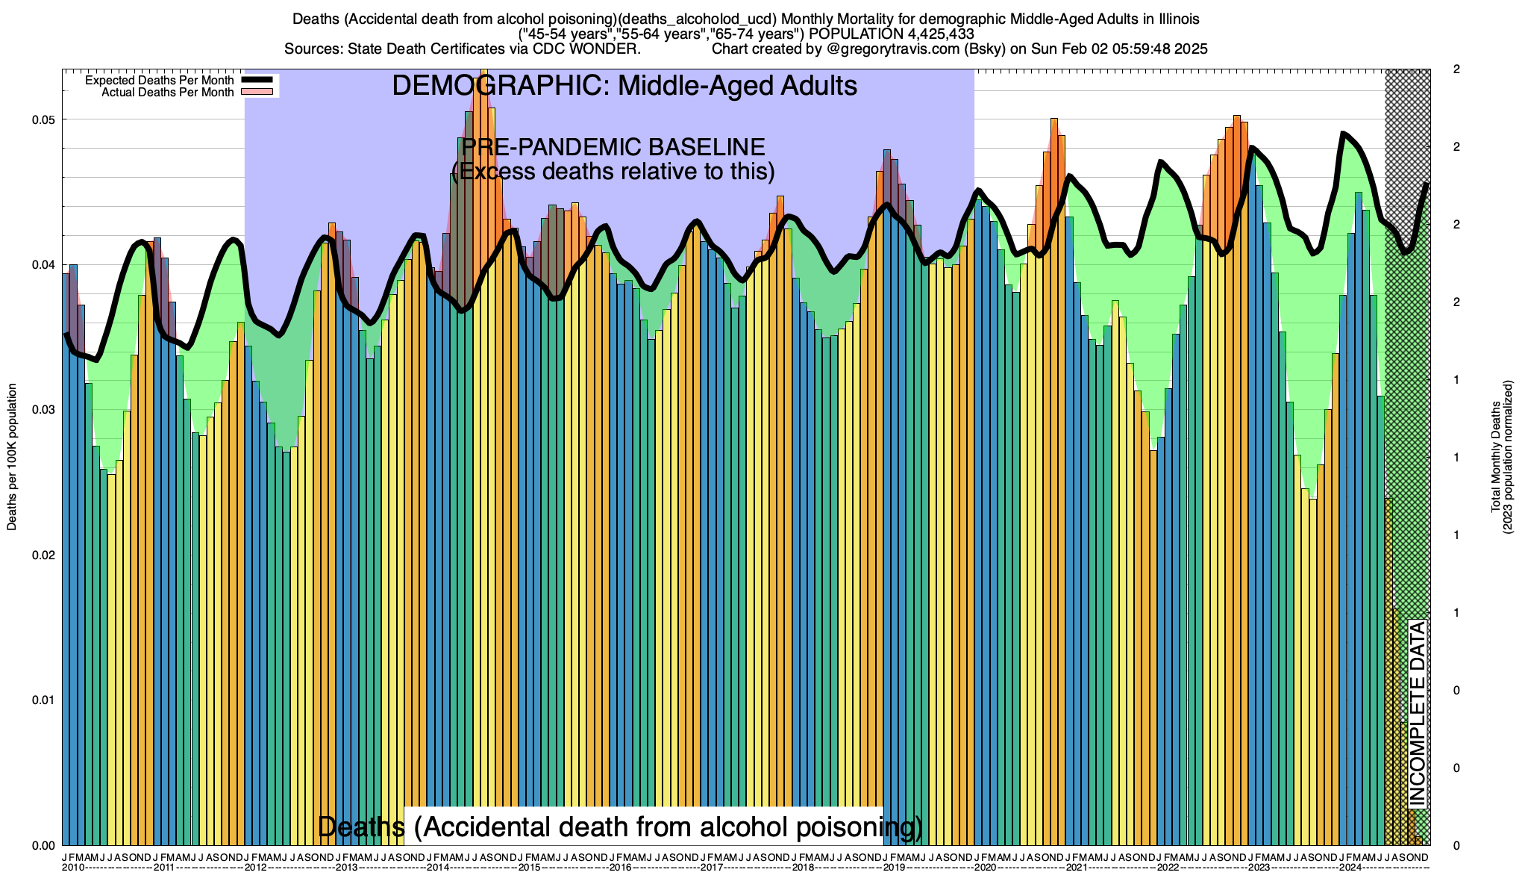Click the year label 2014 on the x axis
pos(438,868)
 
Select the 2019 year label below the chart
pos(894,868)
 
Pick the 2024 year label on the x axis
pos(1350,868)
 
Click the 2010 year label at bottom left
pos(73,868)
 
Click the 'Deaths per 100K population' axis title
pos(12,457)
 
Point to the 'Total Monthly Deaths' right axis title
pos(1496,457)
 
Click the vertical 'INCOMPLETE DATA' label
pos(1417,713)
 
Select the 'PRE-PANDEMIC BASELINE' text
pos(613,147)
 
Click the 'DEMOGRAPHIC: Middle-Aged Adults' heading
pos(624,86)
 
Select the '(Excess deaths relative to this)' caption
pos(613,172)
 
